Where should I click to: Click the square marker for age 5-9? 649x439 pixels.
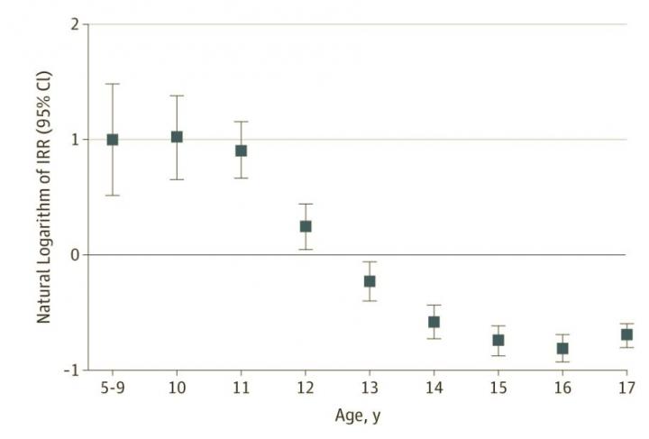113,140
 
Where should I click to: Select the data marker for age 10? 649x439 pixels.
177,137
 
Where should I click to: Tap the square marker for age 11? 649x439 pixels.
241,151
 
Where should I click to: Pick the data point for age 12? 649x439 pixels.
306,226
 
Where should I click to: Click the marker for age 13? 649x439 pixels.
370,281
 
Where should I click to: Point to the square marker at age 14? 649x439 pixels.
434,322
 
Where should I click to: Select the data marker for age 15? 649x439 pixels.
498,340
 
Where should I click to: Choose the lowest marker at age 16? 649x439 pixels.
562,349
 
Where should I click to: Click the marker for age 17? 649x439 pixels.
626,334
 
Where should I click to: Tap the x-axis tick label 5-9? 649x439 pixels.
113,388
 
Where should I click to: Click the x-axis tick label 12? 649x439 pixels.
306,388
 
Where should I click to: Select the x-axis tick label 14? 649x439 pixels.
434,388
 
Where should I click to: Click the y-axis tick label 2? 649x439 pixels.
73,24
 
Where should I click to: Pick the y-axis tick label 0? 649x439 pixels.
73,255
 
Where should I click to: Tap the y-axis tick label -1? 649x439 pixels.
70,370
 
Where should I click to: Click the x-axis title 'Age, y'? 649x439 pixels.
357,419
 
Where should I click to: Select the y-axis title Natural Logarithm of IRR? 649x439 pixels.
42,197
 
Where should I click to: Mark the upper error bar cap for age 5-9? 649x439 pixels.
113,84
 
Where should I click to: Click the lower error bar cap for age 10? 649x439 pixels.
177,179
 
